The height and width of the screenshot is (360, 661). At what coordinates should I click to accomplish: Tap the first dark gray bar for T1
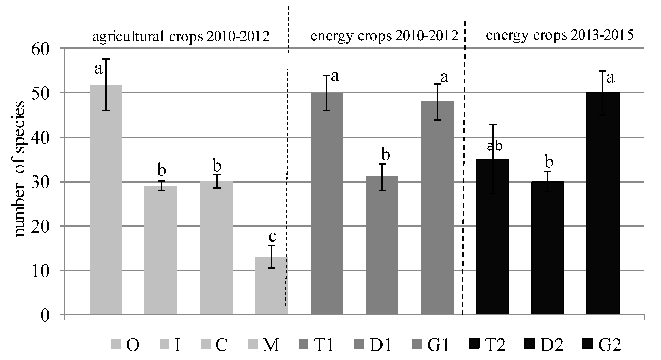click(x=326, y=203)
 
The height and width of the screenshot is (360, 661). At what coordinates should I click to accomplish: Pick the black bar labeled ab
click(x=492, y=236)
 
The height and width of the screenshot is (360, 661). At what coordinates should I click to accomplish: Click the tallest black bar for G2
click(x=602, y=203)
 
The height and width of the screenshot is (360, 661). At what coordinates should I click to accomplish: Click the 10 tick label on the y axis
click(x=40, y=271)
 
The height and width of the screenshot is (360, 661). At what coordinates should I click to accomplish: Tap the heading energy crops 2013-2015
click(x=559, y=35)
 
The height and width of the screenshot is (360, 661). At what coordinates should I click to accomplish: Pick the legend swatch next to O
click(x=116, y=344)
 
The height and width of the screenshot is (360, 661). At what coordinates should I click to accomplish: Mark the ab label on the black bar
click(x=494, y=146)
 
